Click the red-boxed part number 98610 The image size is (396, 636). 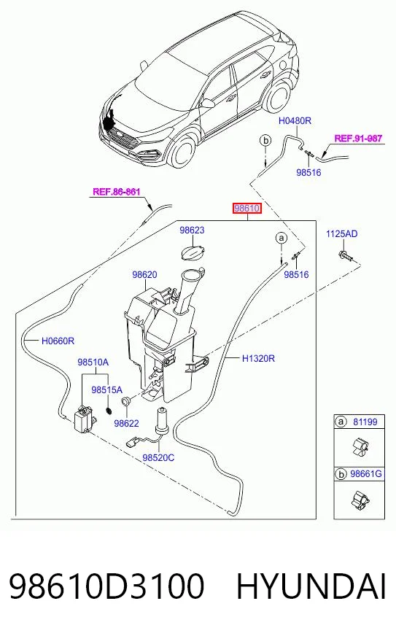(x=246, y=209)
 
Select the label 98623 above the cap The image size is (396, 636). (x=192, y=230)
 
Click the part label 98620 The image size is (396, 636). (x=144, y=274)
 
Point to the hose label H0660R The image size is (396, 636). (x=58, y=341)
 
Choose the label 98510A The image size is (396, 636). (x=93, y=362)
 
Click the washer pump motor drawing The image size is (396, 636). (x=85, y=420)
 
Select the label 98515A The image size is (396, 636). (x=106, y=389)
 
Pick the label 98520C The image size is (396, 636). (x=158, y=457)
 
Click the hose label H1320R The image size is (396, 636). (x=258, y=359)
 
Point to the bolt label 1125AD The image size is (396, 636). (x=342, y=233)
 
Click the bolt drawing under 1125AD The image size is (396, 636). (x=345, y=255)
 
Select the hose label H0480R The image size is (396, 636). (x=295, y=120)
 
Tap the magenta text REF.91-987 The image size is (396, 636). (x=358, y=139)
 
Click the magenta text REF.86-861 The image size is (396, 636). (x=117, y=191)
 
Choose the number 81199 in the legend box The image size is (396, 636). (x=365, y=422)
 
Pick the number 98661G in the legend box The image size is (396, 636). (x=366, y=473)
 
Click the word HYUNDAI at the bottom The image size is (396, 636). (x=311, y=586)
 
